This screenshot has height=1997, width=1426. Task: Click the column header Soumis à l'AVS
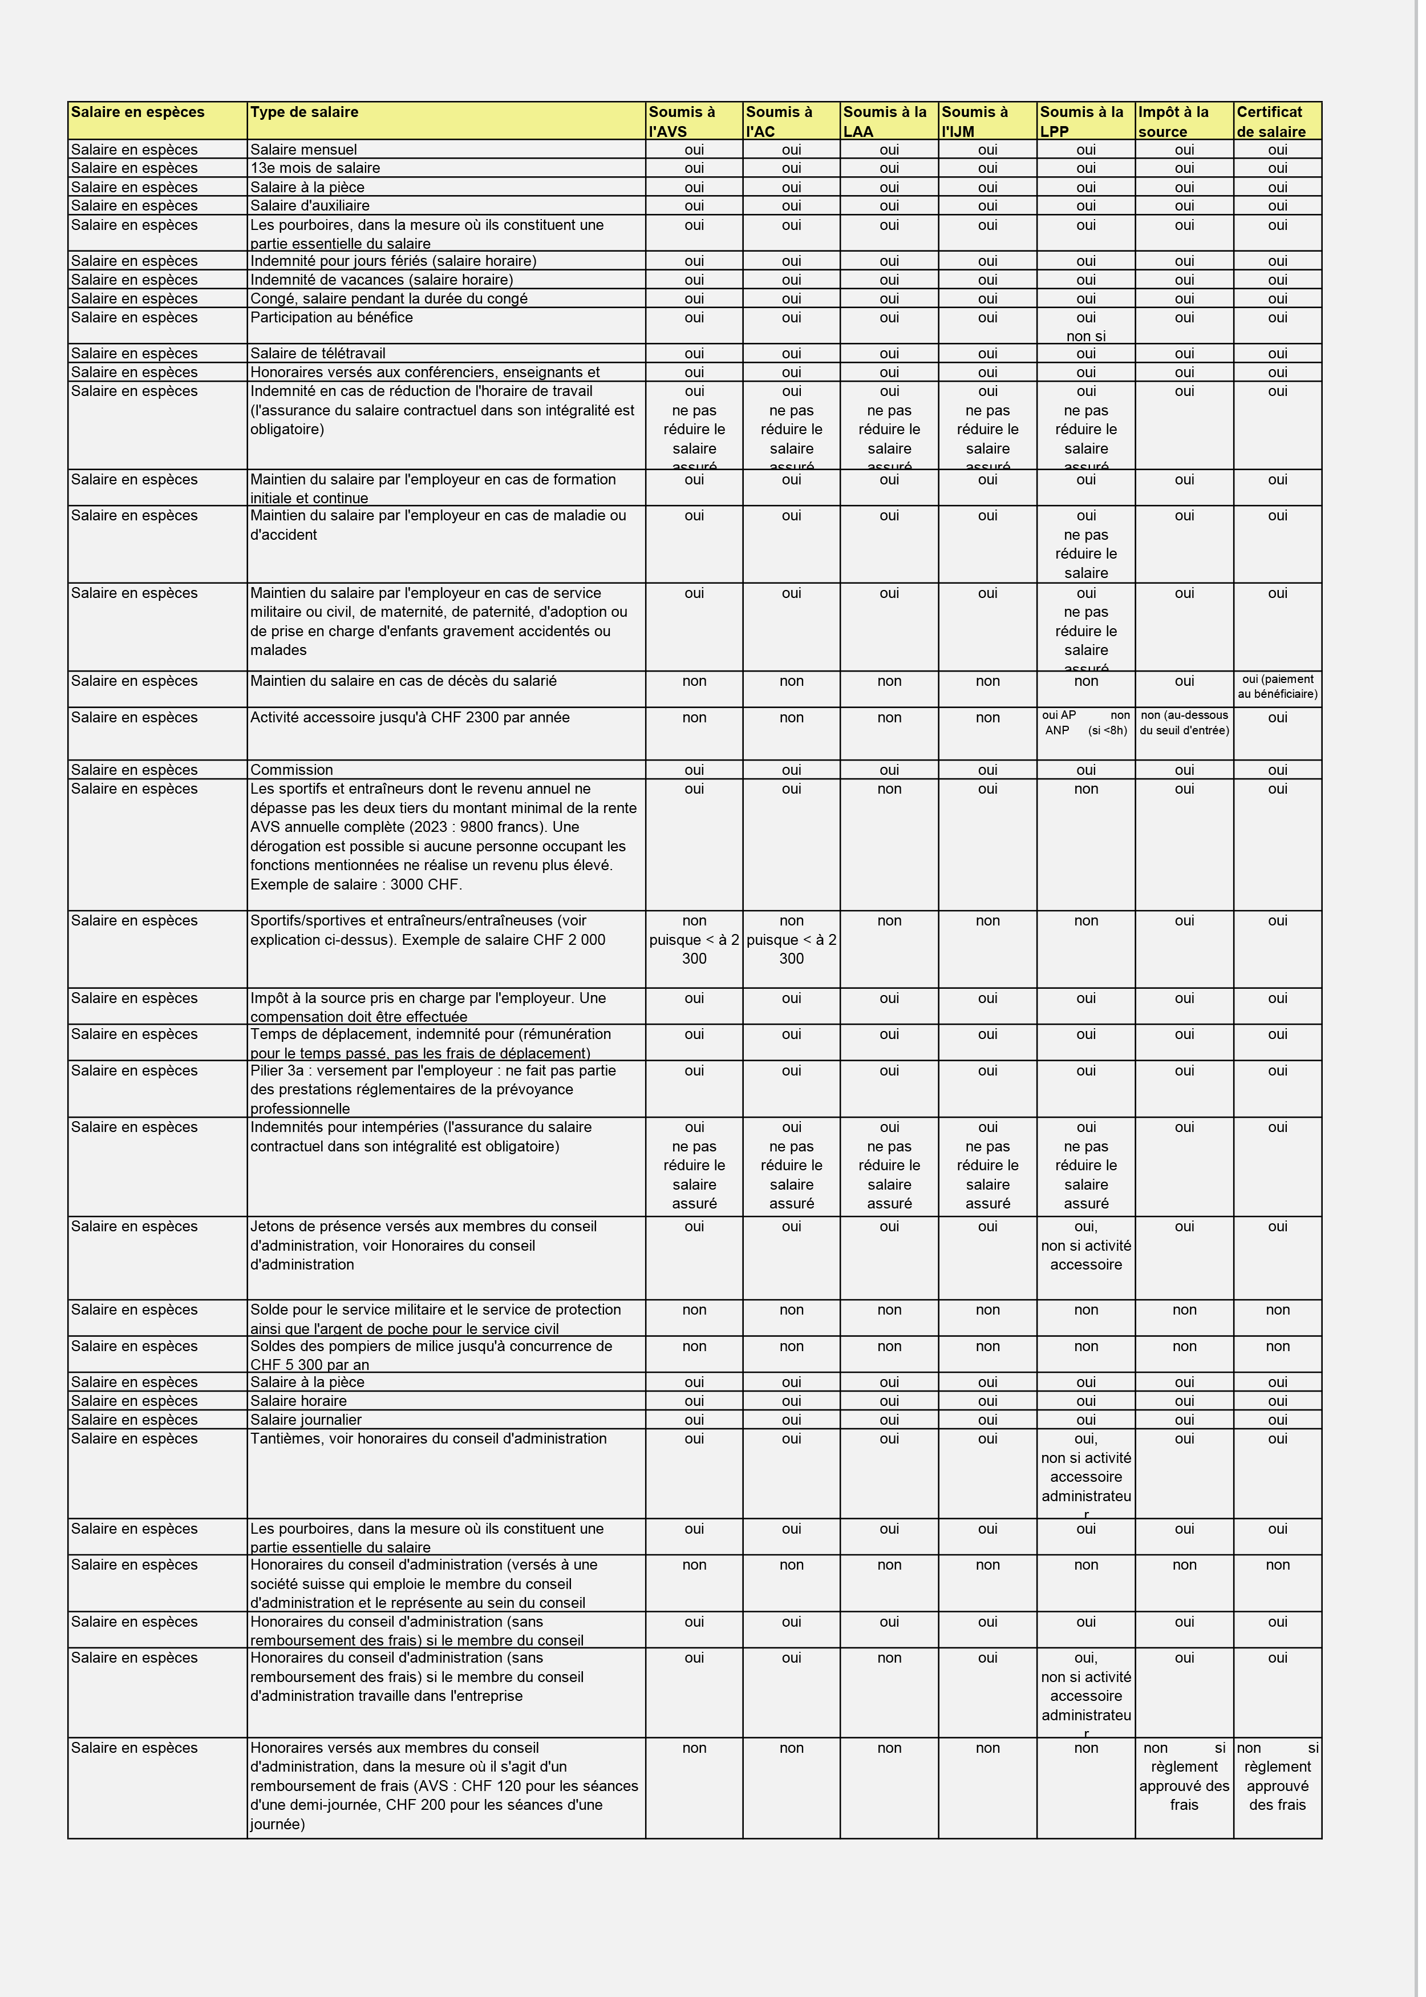pos(693,121)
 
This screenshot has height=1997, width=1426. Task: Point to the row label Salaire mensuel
pos(303,150)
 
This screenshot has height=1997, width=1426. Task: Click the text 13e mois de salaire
pos(314,168)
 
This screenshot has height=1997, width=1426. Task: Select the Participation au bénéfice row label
pos(331,318)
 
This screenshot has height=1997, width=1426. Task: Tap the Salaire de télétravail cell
pos(317,353)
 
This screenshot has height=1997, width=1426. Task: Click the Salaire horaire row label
pos(298,1401)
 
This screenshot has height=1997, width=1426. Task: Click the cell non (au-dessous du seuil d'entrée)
pos(1184,723)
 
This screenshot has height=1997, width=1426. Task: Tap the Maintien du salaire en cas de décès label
pos(403,681)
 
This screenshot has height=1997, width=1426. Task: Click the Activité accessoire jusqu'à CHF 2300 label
pos(409,717)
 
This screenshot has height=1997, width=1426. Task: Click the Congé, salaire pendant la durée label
pos(388,298)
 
